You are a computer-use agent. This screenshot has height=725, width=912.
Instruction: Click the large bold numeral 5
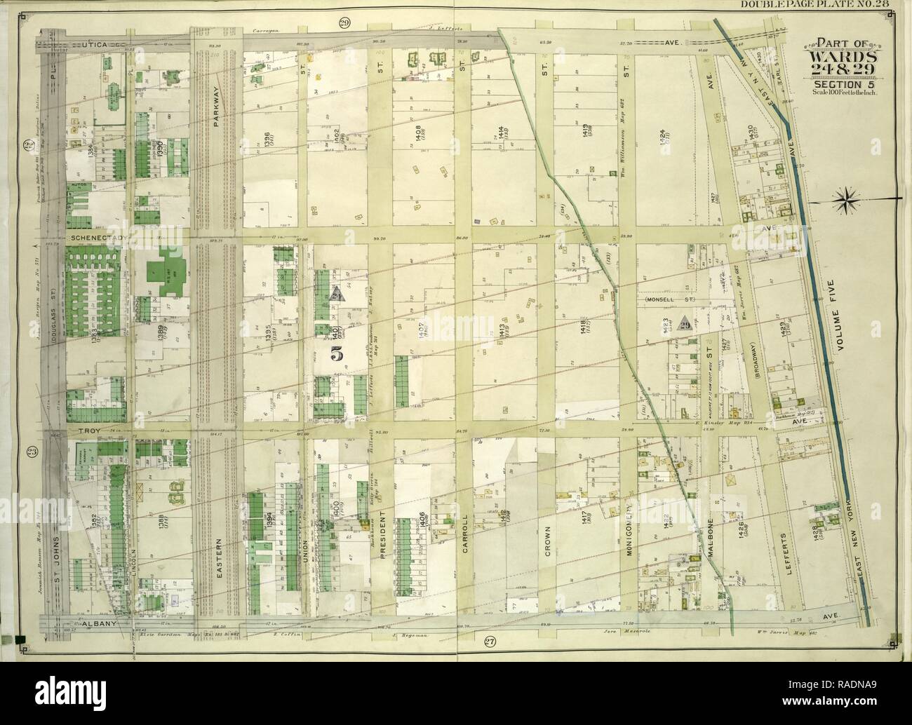coord(337,354)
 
